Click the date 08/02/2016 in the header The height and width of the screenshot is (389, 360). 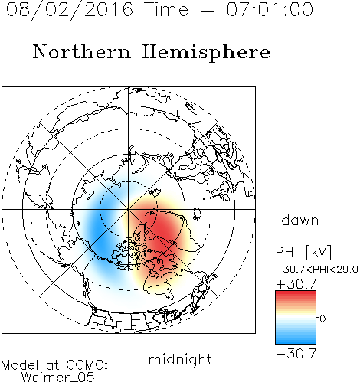(70, 10)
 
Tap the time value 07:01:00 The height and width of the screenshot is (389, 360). (270, 9)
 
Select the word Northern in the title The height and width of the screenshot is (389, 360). (82, 52)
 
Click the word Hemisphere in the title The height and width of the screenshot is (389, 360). (206, 53)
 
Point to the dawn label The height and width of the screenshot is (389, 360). (300, 220)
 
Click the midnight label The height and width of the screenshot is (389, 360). (180, 359)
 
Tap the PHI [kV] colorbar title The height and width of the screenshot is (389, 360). (303, 252)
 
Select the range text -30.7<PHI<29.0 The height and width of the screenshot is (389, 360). (317, 270)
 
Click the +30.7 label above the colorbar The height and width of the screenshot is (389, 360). (296, 284)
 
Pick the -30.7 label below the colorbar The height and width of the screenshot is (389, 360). (296, 354)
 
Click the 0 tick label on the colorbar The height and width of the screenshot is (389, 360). (322, 319)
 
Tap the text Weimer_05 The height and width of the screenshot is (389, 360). (58, 378)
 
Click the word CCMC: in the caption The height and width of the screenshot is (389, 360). (87, 365)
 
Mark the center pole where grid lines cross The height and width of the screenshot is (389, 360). (129, 209)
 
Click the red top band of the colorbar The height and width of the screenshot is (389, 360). (296, 293)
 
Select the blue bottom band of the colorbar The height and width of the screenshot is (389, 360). (296, 342)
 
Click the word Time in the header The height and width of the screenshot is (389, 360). (166, 9)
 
